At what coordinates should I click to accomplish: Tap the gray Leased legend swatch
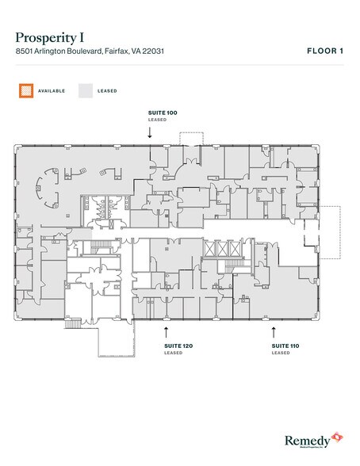coord(85,90)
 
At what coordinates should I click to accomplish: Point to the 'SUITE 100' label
coord(163,113)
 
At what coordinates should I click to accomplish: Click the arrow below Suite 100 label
coord(150,132)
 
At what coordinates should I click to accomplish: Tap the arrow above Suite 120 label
coord(166,329)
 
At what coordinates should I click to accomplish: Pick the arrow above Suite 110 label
coord(274,329)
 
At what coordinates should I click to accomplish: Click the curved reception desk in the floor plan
coord(50,188)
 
